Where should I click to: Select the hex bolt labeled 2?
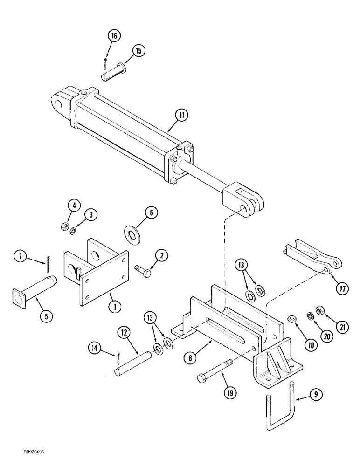[x=143, y=270]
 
